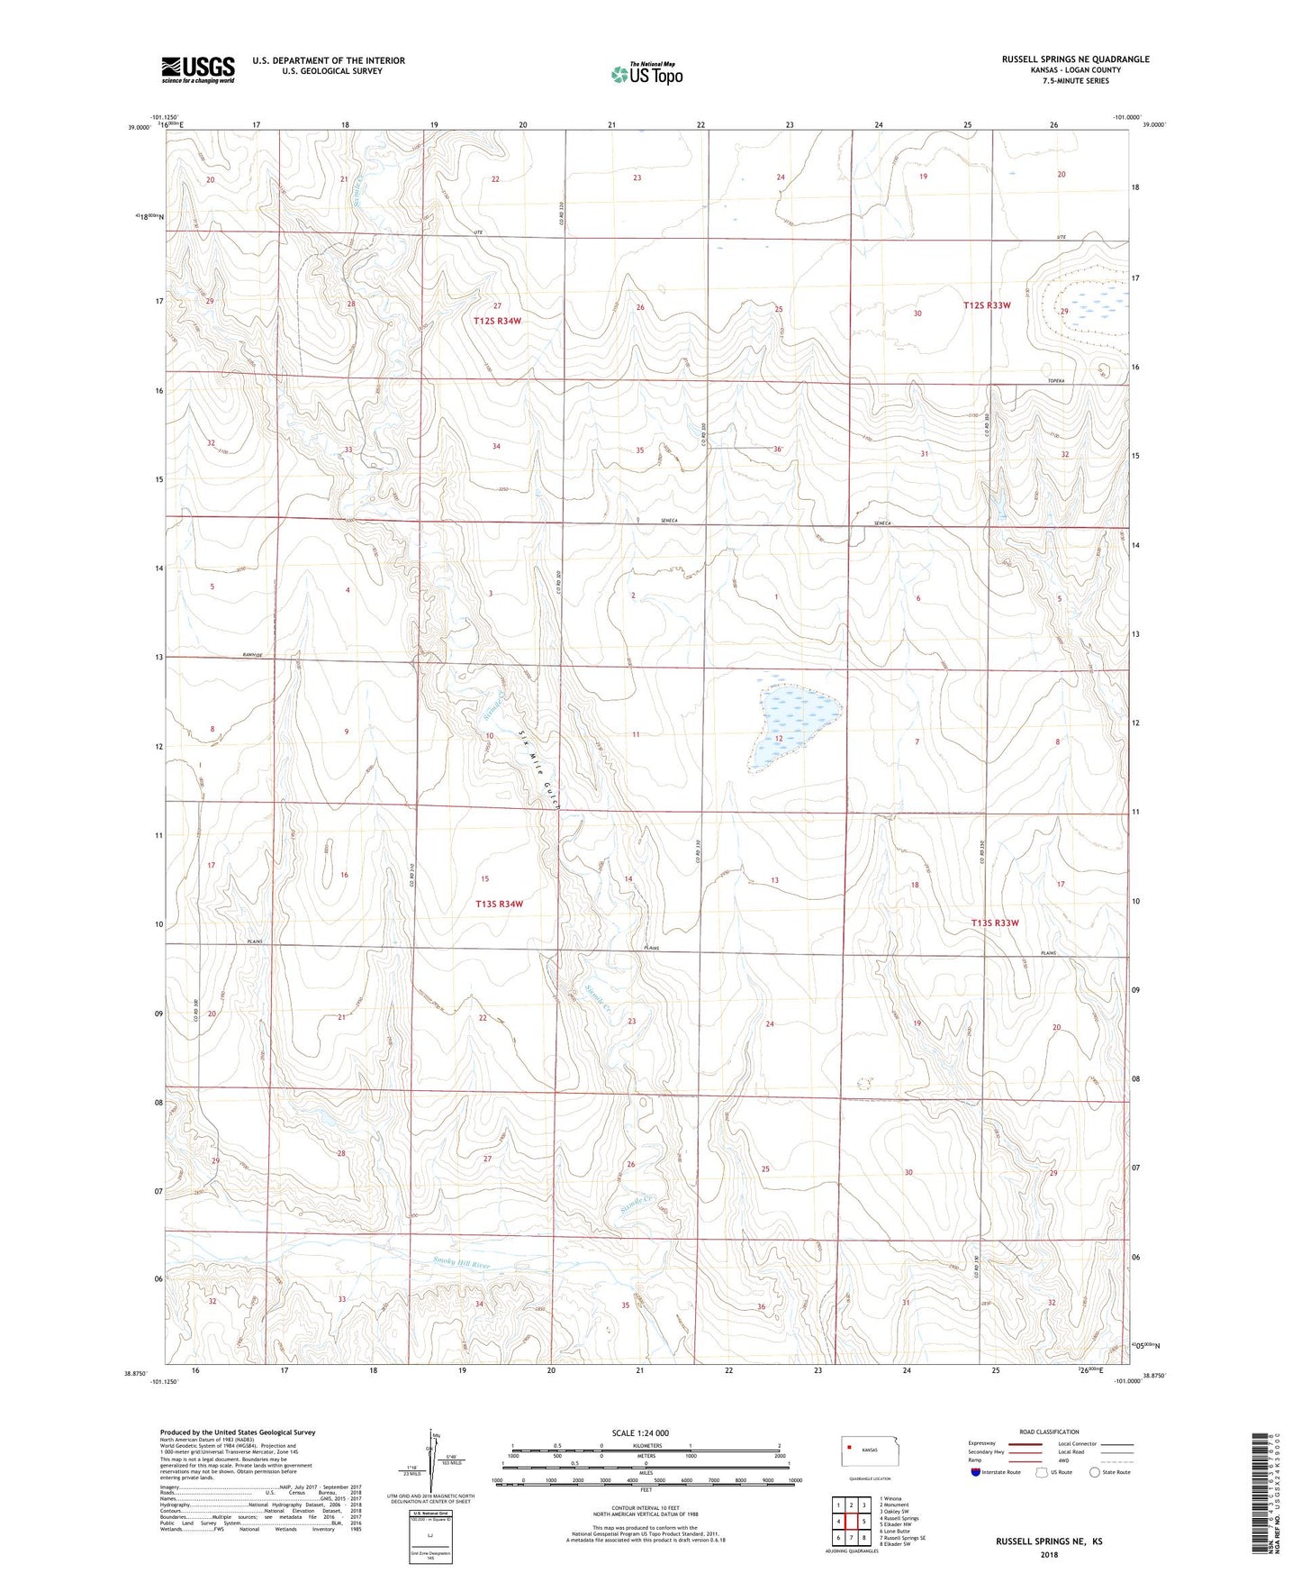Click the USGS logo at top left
(x=197, y=69)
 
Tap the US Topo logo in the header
(x=646, y=74)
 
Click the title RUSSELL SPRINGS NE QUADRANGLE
(x=1075, y=59)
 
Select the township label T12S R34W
(x=498, y=321)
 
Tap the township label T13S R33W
(x=995, y=923)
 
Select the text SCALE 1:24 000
(x=640, y=1432)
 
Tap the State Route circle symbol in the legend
(x=1095, y=1472)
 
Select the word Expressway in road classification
(x=985, y=1443)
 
